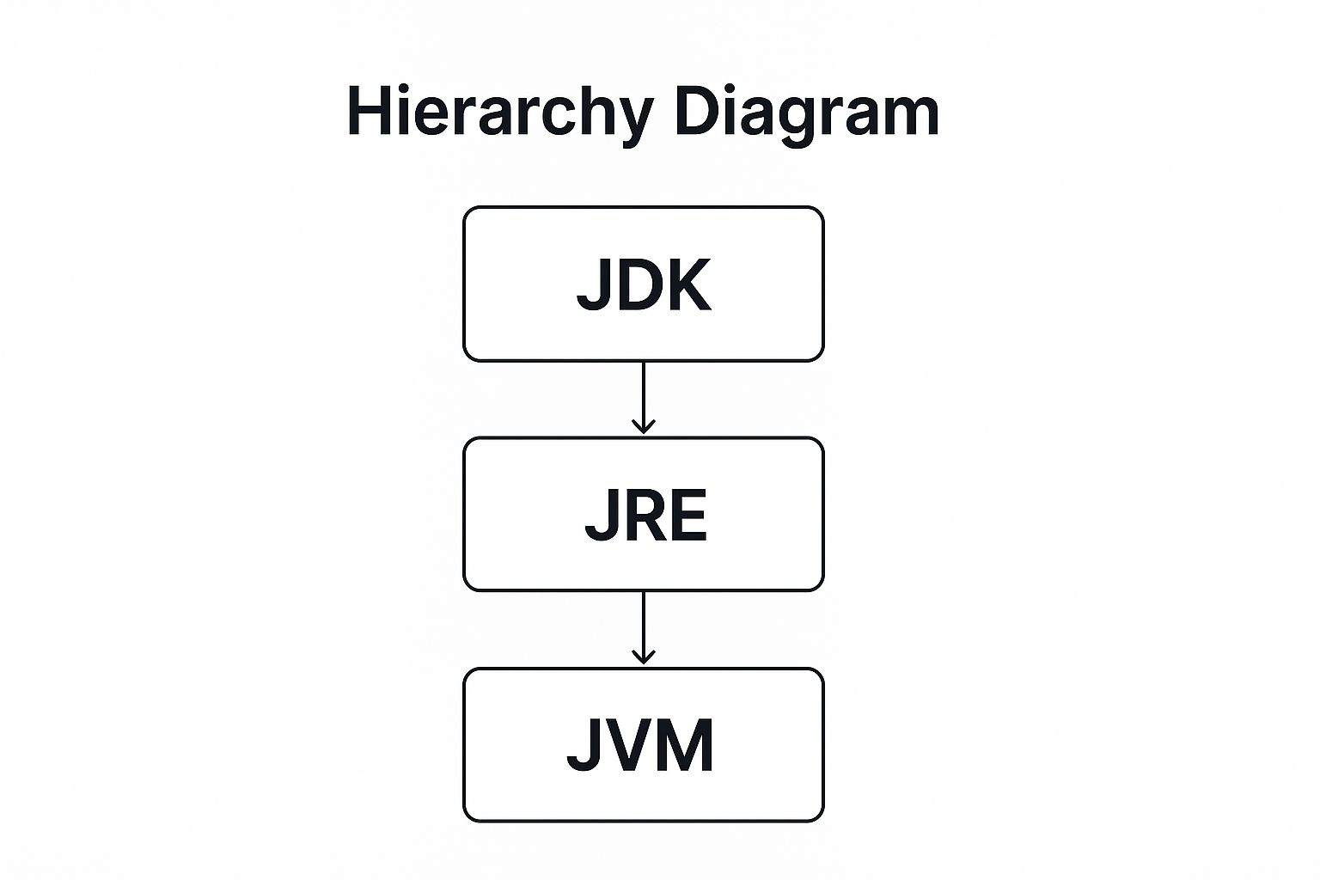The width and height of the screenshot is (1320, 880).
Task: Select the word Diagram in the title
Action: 807,112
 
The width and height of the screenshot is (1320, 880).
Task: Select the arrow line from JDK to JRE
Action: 644,391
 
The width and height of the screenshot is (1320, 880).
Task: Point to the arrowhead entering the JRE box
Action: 644,427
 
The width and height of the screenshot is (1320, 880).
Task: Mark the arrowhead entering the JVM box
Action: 644,657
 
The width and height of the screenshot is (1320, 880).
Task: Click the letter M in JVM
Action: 685,745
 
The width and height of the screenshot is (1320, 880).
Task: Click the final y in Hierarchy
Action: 635,120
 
